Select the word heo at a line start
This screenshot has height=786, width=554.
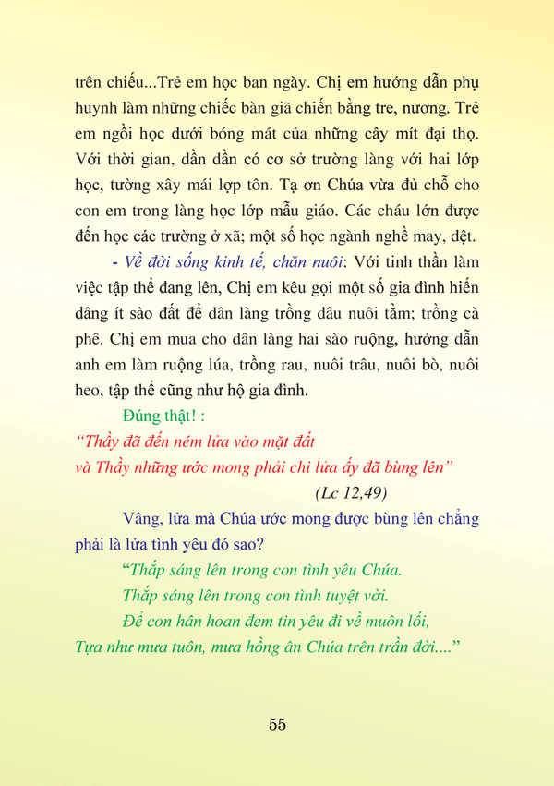(89, 391)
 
